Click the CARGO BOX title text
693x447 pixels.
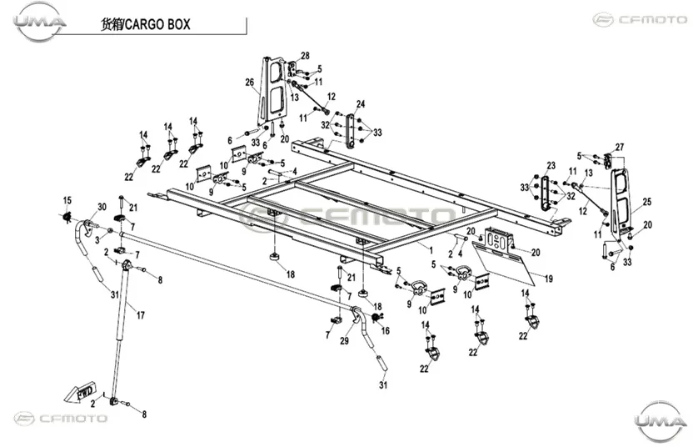tap(146, 24)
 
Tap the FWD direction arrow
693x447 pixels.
tap(80, 391)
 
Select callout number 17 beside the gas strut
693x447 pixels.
tap(140, 315)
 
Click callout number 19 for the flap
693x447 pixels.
tap(548, 279)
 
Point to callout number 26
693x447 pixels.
tap(250, 83)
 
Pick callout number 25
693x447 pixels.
tap(647, 202)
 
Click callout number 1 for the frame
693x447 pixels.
tap(431, 250)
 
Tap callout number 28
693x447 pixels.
tap(305, 56)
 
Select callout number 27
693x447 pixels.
tap(620, 147)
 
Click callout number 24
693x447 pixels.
tap(361, 104)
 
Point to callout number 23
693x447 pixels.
tap(551, 165)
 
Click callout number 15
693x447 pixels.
tap(67, 200)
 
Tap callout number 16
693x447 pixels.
tap(386, 330)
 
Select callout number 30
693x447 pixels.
tap(102, 207)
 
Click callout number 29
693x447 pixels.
tap(344, 341)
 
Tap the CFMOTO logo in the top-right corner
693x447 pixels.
tap(641, 19)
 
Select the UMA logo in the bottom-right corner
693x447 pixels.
tap(659, 420)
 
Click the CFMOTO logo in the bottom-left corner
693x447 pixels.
tap(61, 419)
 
